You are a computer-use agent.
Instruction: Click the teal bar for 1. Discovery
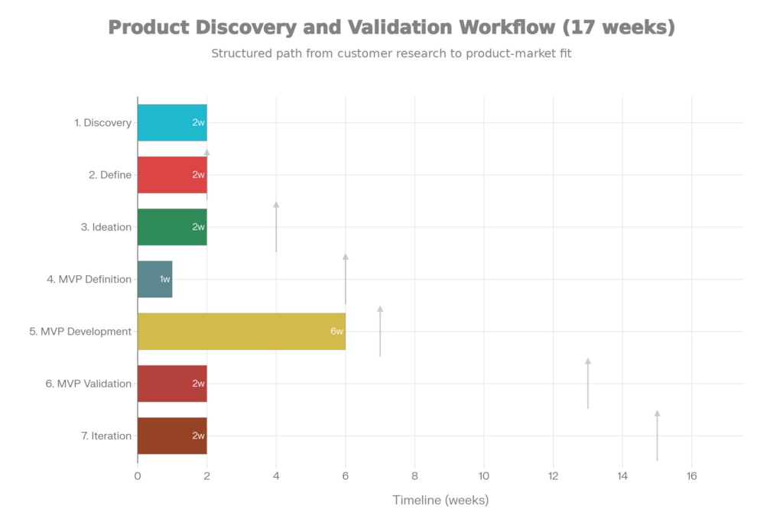(172, 122)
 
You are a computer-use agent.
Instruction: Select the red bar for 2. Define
(172, 175)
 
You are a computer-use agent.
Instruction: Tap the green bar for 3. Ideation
(172, 227)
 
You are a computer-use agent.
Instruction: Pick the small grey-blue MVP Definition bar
(155, 279)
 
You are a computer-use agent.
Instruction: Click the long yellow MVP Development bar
(241, 331)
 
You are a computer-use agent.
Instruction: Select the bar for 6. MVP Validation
(172, 384)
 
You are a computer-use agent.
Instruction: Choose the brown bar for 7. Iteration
(172, 436)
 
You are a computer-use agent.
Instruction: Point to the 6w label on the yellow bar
(336, 332)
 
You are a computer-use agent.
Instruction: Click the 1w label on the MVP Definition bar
(164, 280)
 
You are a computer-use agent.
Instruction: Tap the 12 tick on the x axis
(553, 476)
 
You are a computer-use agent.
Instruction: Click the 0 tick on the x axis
(138, 476)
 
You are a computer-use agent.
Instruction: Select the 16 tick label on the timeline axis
(691, 476)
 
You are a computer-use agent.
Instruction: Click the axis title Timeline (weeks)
(440, 501)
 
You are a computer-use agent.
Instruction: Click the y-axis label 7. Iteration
(106, 436)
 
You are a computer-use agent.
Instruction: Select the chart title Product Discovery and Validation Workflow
(391, 28)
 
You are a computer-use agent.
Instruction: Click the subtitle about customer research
(391, 54)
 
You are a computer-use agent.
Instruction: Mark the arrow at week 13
(588, 382)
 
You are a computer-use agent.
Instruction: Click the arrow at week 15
(657, 434)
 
